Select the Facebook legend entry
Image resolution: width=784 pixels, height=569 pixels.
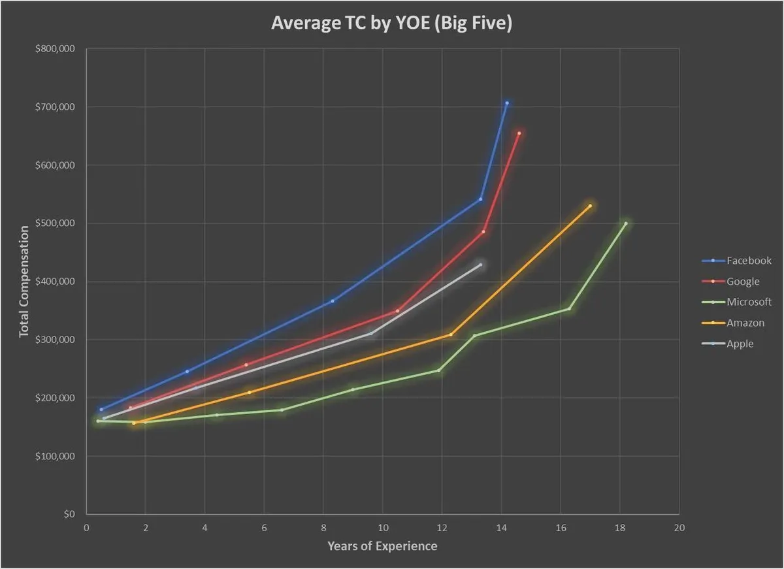[x=749, y=260]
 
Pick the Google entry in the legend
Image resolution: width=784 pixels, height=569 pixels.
[x=743, y=281]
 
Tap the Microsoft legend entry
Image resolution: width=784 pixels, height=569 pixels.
[x=749, y=302]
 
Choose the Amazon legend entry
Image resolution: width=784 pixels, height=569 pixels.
[x=745, y=323]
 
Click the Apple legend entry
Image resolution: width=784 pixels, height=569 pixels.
[x=740, y=344]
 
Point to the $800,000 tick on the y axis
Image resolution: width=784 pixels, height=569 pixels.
[x=57, y=49]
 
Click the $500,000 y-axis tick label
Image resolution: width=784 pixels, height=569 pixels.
[x=57, y=223]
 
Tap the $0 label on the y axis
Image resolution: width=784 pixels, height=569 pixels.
[x=69, y=514]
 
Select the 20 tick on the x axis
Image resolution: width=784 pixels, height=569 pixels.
[x=679, y=528]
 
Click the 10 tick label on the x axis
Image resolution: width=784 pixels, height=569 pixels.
[x=383, y=528]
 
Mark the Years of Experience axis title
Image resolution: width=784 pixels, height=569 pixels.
[x=382, y=545]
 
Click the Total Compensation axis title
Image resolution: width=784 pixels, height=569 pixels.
[x=24, y=281]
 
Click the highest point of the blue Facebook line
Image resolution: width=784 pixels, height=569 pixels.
[x=507, y=103]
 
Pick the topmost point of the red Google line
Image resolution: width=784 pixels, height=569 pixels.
[x=519, y=133]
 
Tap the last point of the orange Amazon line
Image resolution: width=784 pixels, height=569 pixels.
[x=590, y=206]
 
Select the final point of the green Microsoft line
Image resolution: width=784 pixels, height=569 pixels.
[x=626, y=223]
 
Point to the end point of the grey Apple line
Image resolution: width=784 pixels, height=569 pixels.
[x=481, y=265]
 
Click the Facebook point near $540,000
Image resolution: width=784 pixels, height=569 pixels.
[x=481, y=199]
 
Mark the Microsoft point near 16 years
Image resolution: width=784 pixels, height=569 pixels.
[x=570, y=308]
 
